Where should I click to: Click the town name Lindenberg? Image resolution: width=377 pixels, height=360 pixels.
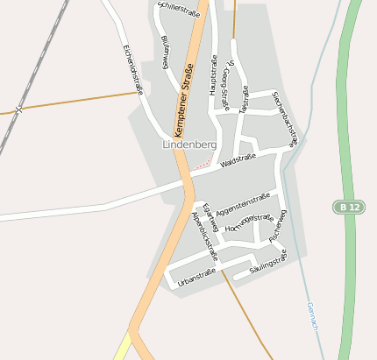(x=189, y=144)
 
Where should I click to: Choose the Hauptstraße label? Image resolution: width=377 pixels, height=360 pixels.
(x=212, y=74)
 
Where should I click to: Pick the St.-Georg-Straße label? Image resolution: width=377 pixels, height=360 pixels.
(x=230, y=85)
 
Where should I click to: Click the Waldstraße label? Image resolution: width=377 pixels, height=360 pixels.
(x=238, y=160)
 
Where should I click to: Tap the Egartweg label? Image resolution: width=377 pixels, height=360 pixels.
(x=209, y=215)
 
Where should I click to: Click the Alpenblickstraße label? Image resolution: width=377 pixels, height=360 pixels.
(x=203, y=236)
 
